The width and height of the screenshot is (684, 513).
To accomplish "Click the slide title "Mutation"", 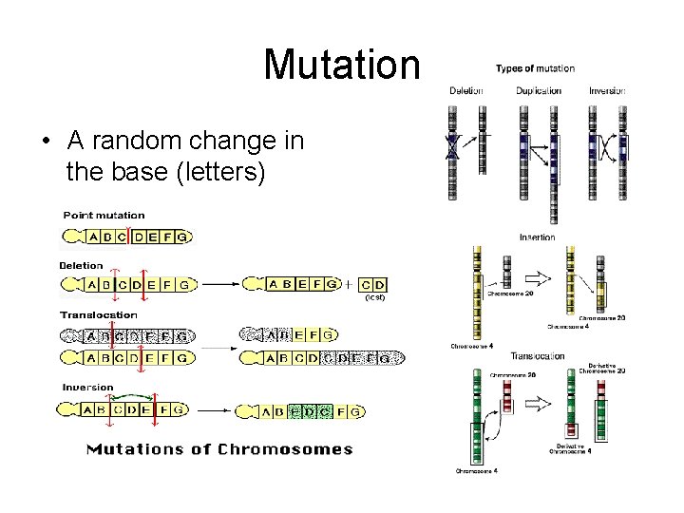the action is click(341, 65).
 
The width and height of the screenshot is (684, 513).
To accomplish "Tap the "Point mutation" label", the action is click(104, 216).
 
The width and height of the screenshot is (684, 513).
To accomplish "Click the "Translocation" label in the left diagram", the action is click(99, 314).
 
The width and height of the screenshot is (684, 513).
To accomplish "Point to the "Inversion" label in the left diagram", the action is click(86, 388).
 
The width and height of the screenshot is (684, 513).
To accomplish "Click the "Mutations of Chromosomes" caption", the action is click(219, 449).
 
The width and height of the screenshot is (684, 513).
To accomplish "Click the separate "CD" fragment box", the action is click(374, 283).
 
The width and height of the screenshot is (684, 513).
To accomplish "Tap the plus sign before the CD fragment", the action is click(349, 283).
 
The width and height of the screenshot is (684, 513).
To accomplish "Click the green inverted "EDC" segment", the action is click(310, 411).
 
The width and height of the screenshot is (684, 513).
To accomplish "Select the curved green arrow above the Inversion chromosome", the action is click(132, 397).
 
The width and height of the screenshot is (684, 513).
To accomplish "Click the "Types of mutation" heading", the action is click(535, 68).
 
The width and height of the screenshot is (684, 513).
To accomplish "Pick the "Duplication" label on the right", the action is click(539, 91).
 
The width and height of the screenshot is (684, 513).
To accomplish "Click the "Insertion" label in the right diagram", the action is click(538, 237).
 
